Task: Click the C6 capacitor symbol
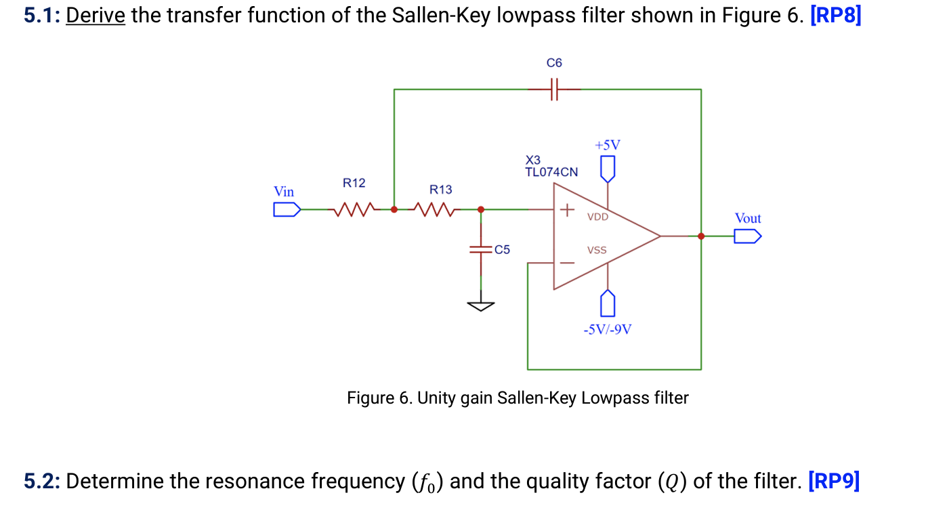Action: click(x=554, y=89)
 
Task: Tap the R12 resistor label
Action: click(x=354, y=183)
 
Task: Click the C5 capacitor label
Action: click(x=502, y=249)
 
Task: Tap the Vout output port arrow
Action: click(x=748, y=236)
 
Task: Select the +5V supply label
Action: click(x=607, y=145)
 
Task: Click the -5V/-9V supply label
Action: click(x=608, y=330)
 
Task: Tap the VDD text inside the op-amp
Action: click(x=597, y=217)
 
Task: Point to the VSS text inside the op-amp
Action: click(x=597, y=250)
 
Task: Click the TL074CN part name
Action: click(x=551, y=172)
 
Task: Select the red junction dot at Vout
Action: click(x=701, y=236)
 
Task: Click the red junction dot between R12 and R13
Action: click(x=394, y=209)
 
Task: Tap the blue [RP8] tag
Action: click(x=835, y=15)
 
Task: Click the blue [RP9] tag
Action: click(x=834, y=482)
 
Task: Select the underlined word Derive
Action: click(x=95, y=15)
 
